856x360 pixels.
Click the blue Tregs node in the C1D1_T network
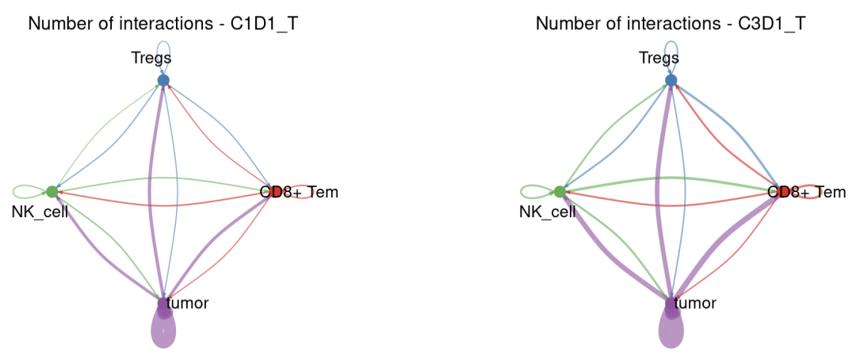pos(163,80)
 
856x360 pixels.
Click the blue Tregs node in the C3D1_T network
pos(671,80)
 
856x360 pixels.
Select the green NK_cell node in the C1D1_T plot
pos(52,192)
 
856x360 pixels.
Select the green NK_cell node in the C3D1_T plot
pos(560,192)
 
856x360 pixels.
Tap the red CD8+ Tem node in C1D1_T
pos(274,192)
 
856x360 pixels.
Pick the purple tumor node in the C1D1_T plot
pos(163,304)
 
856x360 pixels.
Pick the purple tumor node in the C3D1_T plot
pos(671,304)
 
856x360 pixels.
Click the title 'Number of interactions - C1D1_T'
pos(163,24)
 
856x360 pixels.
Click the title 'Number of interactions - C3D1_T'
pos(671,24)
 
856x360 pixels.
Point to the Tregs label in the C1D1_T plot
pos(151,57)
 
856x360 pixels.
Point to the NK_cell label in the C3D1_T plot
pos(548,212)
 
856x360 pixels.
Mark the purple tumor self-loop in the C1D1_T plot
pos(163,333)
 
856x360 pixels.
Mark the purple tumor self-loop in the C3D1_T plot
pos(671,333)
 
